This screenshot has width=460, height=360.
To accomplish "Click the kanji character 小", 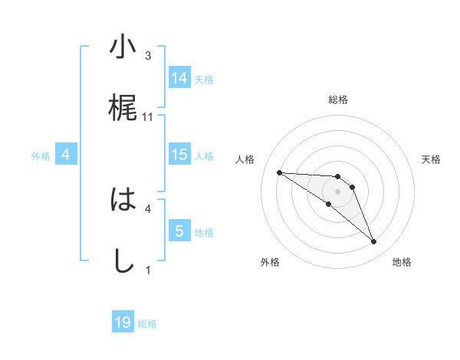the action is coord(123,48).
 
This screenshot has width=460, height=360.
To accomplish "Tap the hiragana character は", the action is coord(123,201).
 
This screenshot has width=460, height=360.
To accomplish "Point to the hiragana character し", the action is coord(123,261).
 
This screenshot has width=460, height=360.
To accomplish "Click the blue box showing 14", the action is coord(179,77).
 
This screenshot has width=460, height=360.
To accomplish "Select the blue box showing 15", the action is coord(179,155).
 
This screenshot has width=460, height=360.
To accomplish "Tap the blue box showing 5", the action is coord(179,231).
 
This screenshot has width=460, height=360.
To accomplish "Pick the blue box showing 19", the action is coord(123,322).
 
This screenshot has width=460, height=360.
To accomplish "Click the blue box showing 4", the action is coord(66,155).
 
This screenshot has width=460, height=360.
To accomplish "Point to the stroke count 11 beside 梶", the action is coord(149,116).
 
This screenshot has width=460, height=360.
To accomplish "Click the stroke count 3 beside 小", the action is coord(148,56).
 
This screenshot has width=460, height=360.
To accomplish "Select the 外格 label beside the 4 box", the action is coord(41,155).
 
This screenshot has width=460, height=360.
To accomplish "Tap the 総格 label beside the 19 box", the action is coord(147,324).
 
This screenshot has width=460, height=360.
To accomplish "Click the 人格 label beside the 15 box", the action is coord(204,155).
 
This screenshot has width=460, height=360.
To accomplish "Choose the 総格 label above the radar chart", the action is coord(338,100).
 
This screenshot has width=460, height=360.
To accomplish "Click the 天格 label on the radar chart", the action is coord(431,159).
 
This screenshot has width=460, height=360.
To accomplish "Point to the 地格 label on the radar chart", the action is coord(402,262).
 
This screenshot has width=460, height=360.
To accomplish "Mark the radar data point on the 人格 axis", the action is coord(280,172).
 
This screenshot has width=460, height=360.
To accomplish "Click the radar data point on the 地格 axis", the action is coord(373,242).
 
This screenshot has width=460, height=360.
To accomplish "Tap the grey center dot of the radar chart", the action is coord(338,191).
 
